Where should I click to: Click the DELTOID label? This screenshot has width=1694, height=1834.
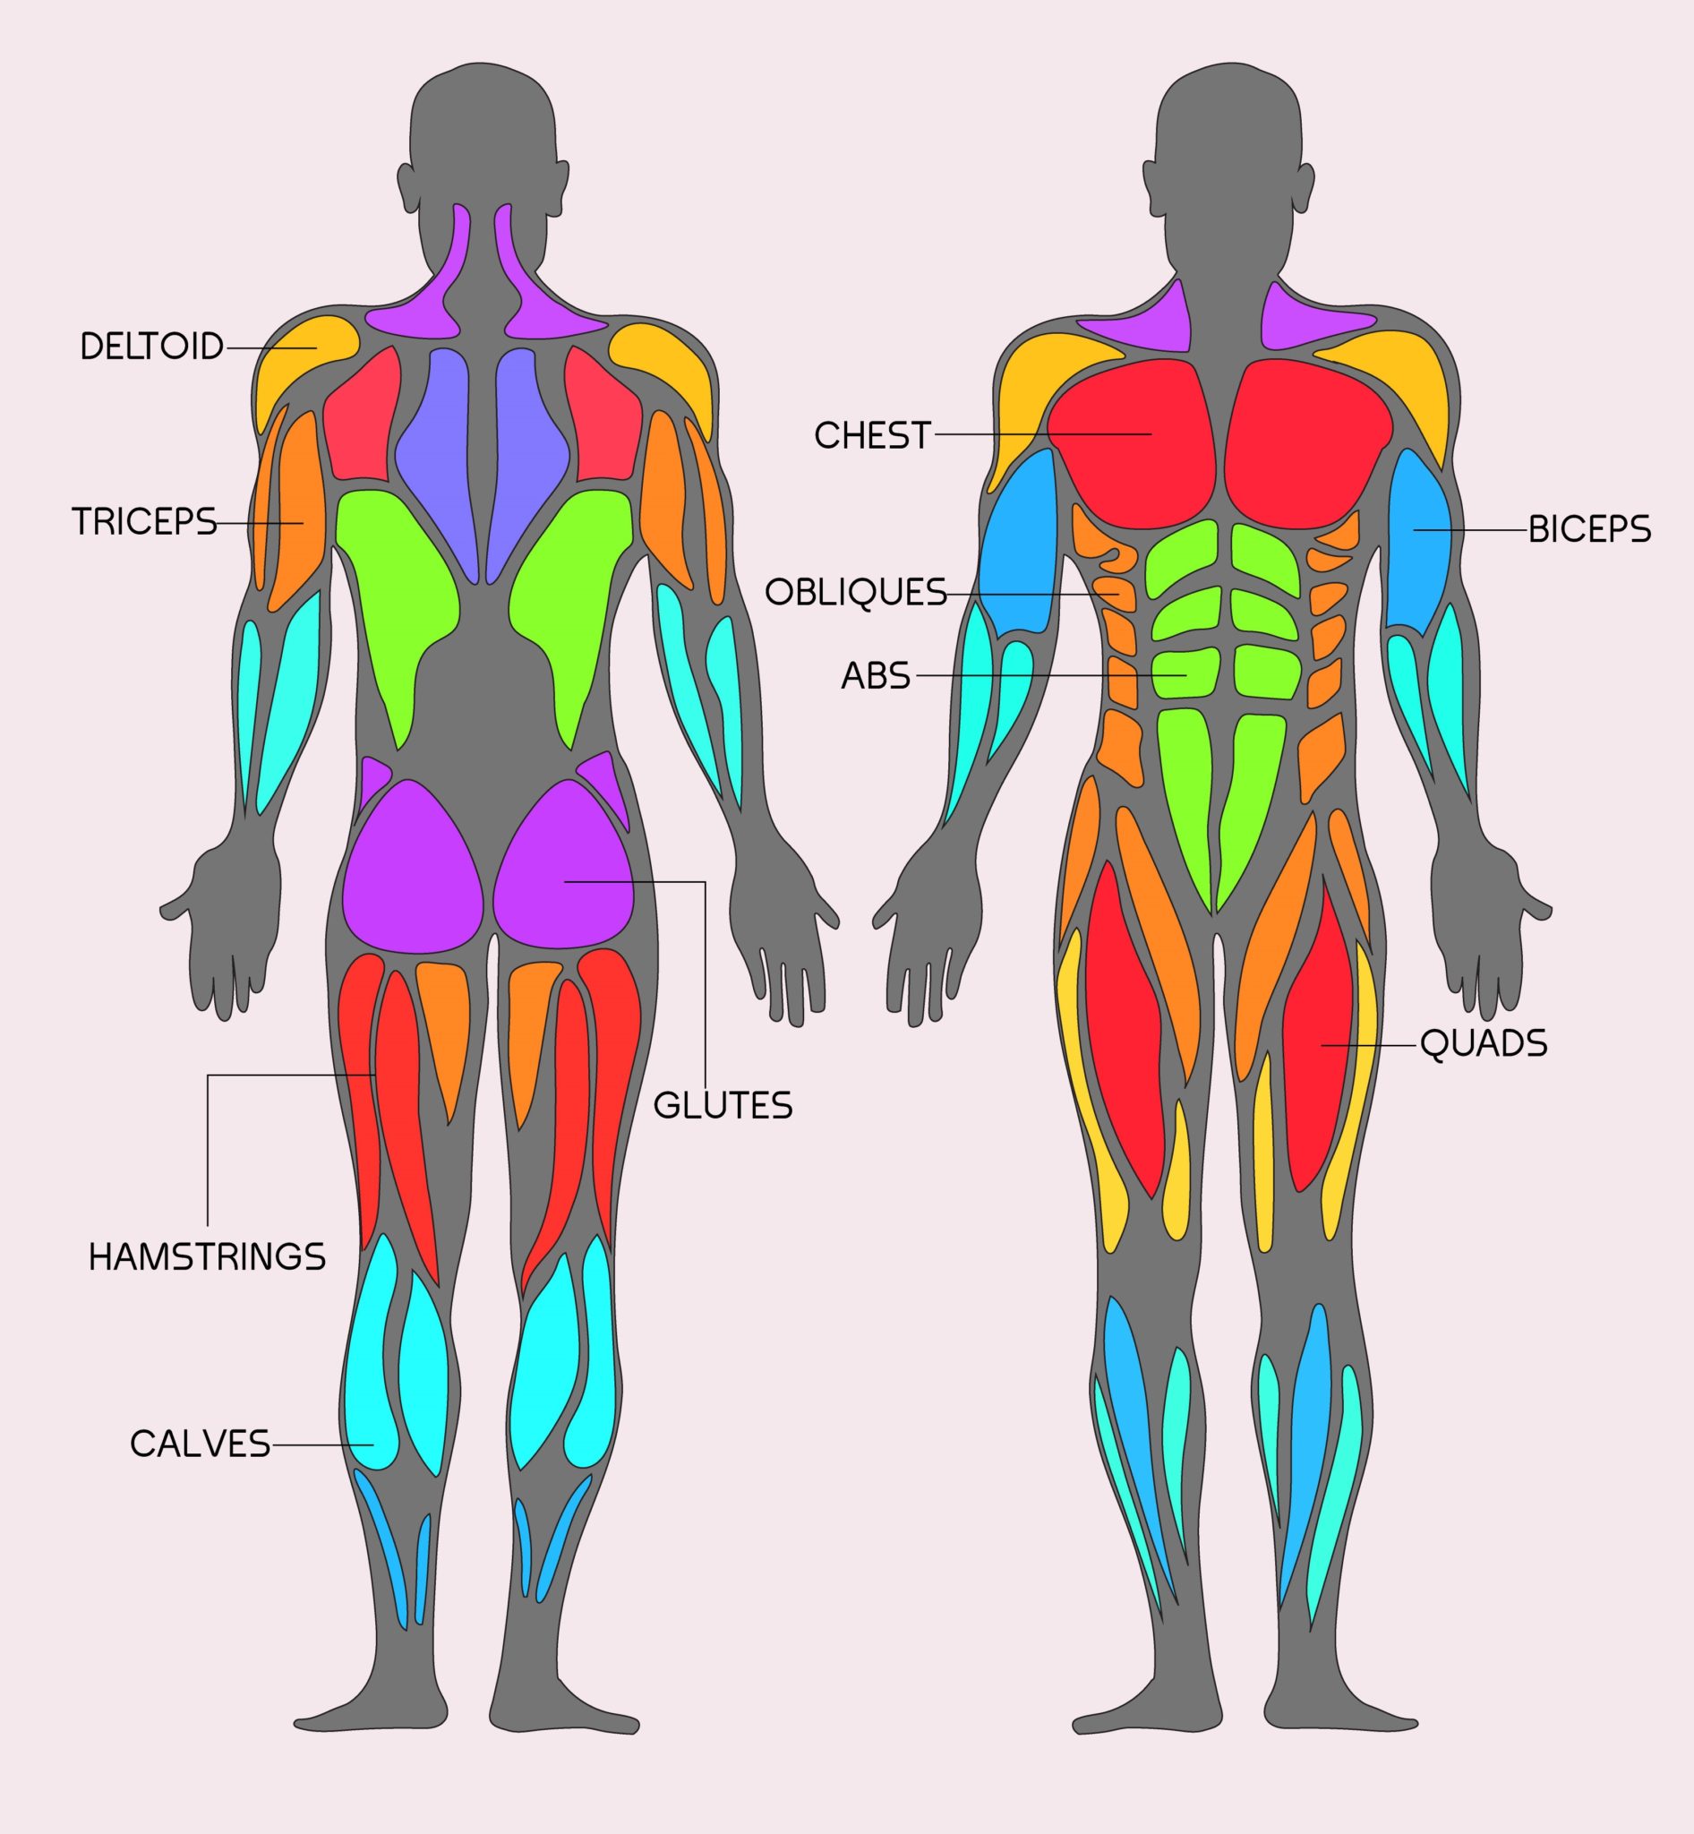pos(152,347)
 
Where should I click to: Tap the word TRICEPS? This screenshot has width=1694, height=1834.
pos(144,522)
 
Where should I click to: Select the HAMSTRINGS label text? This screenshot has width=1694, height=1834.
pos(207,1256)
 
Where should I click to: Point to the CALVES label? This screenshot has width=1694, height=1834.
pos(201,1444)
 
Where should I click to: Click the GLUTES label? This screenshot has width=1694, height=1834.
pos(723,1106)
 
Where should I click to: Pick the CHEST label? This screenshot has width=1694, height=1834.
pos(873,434)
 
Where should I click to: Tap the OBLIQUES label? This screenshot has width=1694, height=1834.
pos(855,593)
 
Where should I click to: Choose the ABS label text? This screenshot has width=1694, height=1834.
pos(876,676)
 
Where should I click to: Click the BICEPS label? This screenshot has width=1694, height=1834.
pos(1589,530)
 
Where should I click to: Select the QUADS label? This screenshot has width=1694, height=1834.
pos(1484,1043)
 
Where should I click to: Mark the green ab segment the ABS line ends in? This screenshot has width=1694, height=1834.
pos(1183,674)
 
